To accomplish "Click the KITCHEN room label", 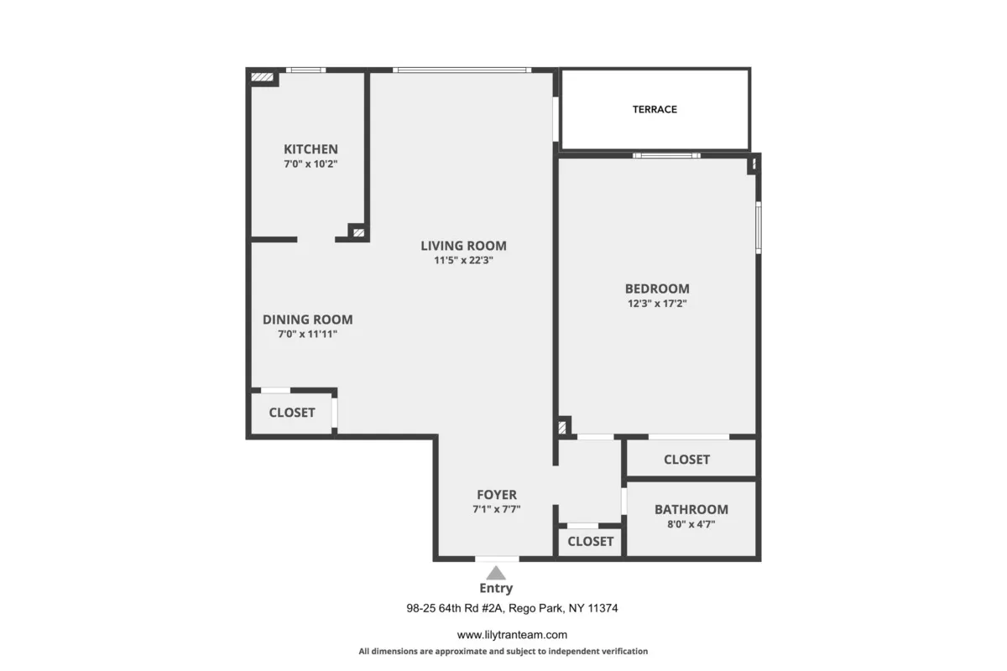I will pos(310,149).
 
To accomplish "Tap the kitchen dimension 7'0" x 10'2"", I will pos(310,164).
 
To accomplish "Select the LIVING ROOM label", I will pos(463,246).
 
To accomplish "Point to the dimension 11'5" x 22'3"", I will pos(463,261).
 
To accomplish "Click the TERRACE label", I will pos(655,109).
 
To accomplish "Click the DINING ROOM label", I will pos(307,320).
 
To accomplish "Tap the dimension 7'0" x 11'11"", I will pos(307,334).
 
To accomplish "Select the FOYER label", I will pos(497,495).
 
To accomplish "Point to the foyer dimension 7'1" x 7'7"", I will pos(497,509).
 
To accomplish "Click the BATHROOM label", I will pos(691,509).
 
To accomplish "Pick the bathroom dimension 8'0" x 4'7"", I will pos(691,523).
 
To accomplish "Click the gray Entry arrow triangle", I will pos(497,573).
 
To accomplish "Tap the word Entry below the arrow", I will pos(496,589).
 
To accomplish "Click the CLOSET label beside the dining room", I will pos(292,413).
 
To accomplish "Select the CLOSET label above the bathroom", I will pos(686,460).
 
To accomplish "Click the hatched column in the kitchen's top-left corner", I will pos(263,78).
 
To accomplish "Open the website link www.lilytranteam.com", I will pos(511,635).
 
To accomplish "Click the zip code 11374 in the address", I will pos(601,608).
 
